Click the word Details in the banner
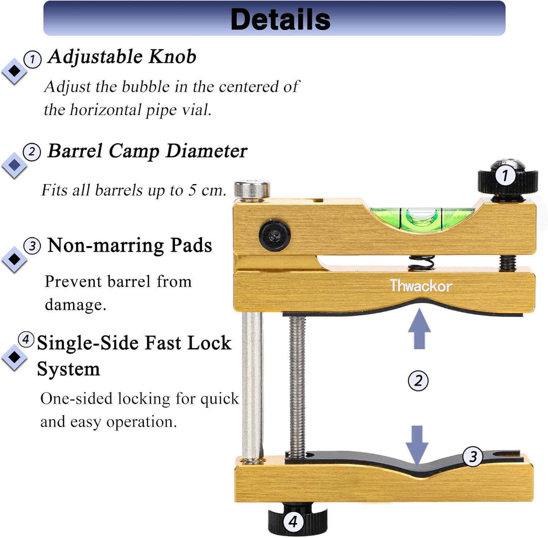[x=280, y=19]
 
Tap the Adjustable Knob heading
[x=122, y=57]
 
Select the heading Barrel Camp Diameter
[x=147, y=151]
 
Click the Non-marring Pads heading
[x=130, y=245]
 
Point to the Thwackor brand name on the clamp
[x=421, y=286]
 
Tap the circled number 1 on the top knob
[x=505, y=176]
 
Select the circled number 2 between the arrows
[x=418, y=381]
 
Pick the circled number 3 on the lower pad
[x=473, y=456]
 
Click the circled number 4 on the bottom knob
[x=293, y=522]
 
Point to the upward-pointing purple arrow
[x=419, y=329]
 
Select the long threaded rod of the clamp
[x=297, y=384]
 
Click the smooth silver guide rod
[x=251, y=384]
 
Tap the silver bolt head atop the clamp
[x=252, y=190]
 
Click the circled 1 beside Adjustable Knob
[x=33, y=59]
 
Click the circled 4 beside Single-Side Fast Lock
[x=26, y=339]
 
